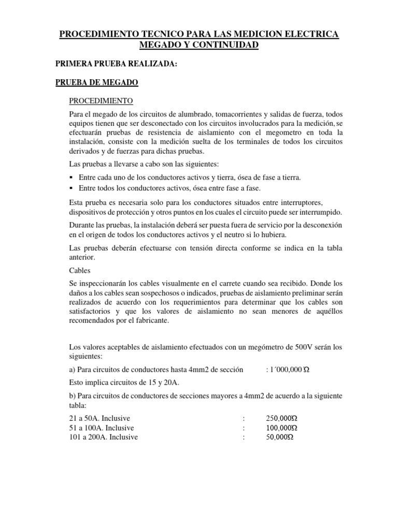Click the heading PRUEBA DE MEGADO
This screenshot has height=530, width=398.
[x=97, y=82]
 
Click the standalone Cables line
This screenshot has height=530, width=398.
[x=79, y=270]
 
